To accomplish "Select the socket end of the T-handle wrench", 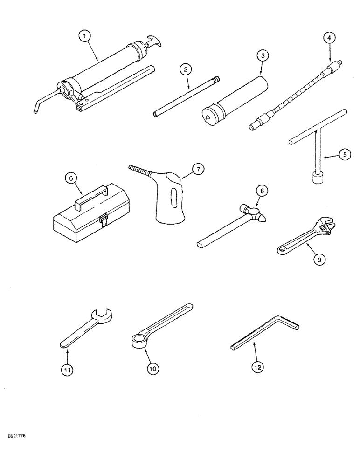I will click(317, 177).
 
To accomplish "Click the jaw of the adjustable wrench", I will click(327, 226).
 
